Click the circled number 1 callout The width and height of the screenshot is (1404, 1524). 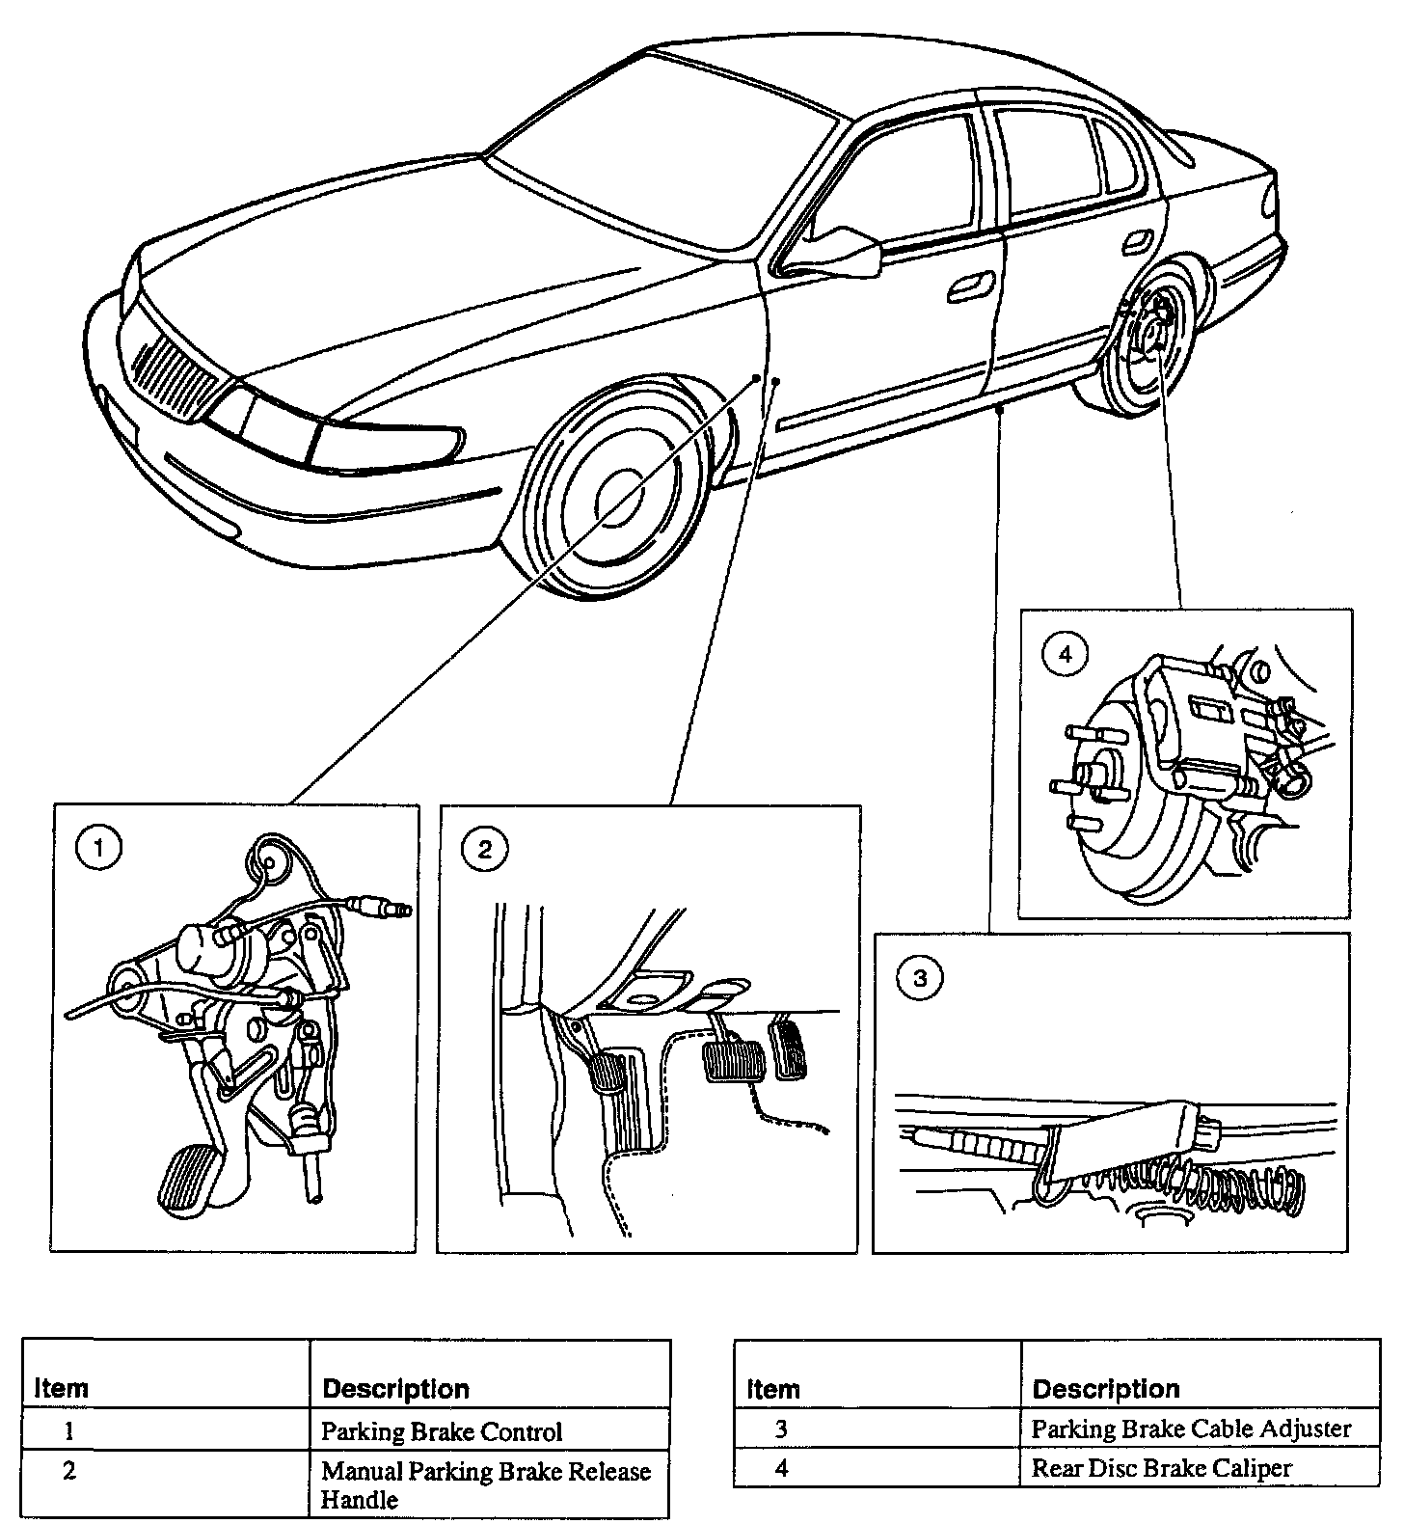(101, 850)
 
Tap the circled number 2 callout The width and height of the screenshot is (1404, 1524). (484, 849)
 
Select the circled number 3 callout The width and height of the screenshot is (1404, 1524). (920, 979)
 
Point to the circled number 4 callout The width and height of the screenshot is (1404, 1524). (1065, 655)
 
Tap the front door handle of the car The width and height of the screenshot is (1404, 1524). (969, 285)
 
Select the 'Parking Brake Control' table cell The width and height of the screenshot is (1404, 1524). (441, 1431)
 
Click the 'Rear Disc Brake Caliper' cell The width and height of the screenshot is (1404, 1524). (1161, 1468)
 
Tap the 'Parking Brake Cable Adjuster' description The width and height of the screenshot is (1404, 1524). (1191, 1429)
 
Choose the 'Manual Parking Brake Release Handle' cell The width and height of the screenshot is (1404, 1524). (485, 1484)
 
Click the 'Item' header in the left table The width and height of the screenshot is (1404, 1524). (62, 1388)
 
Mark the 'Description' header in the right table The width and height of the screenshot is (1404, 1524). (1105, 1388)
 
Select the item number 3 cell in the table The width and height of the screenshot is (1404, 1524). (781, 1429)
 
